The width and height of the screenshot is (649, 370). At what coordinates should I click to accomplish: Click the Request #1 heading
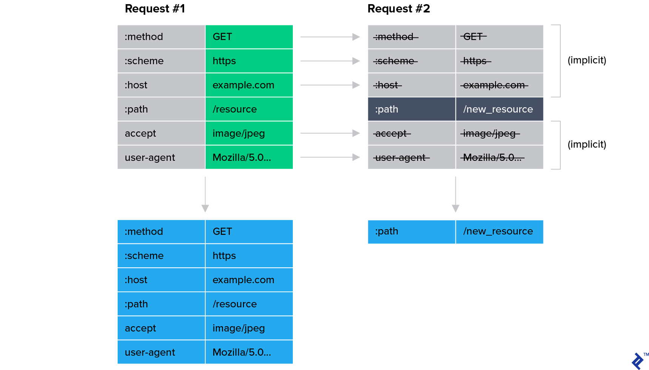155,9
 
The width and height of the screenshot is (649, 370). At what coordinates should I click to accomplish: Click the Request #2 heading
398,9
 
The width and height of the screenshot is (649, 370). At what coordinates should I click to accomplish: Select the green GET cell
249,37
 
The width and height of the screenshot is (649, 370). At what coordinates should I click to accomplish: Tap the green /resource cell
249,109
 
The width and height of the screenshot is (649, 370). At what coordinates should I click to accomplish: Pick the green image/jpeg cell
249,133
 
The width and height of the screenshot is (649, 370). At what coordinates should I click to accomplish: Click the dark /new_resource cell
499,109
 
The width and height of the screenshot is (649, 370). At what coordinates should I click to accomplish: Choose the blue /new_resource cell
499,231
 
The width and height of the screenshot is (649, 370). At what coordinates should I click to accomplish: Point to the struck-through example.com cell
499,85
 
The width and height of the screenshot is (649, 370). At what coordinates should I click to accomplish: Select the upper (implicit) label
587,60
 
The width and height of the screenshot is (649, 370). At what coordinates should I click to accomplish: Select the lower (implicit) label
587,145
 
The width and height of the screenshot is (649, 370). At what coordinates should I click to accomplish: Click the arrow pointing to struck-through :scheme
330,61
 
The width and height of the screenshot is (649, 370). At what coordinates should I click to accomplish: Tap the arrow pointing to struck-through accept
330,133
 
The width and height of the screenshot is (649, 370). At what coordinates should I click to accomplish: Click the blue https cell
249,256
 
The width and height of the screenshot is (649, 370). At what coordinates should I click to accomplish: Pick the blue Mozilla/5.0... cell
249,352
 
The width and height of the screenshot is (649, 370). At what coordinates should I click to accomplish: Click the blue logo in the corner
638,361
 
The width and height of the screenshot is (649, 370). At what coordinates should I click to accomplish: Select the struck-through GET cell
499,37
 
